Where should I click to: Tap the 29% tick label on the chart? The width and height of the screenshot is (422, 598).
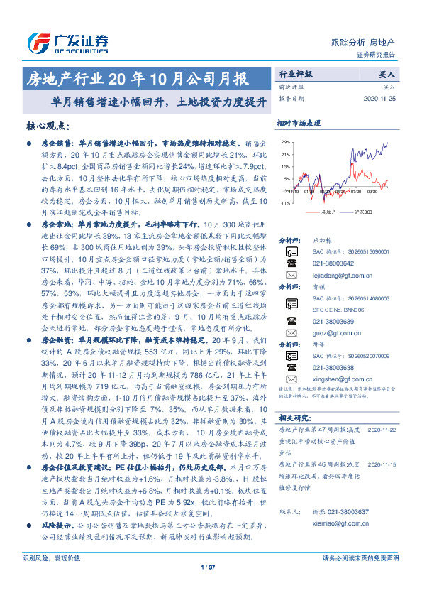(x=284, y=143)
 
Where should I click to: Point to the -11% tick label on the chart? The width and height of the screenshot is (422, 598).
(x=284, y=203)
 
